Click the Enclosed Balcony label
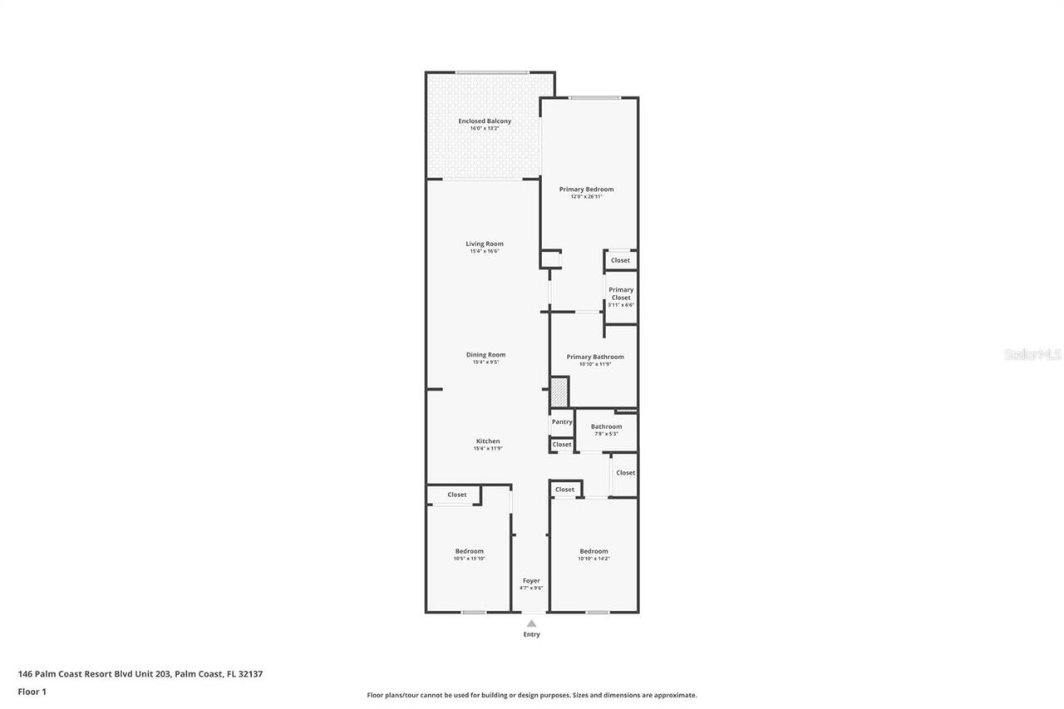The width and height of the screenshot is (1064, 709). click(x=485, y=121)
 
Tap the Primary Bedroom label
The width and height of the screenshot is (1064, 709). click(x=586, y=190)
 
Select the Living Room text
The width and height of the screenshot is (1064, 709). click(x=485, y=244)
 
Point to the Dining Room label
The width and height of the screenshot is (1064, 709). click(x=485, y=355)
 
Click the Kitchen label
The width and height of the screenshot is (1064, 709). click(x=488, y=441)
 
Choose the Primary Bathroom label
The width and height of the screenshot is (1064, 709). click(x=595, y=357)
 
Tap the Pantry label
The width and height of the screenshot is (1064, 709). click(x=562, y=421)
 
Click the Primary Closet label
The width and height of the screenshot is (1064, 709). click(x=621, y=293)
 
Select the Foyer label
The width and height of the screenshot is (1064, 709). click(x=531, y=581)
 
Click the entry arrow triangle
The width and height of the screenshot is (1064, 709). click(x=531, y=623)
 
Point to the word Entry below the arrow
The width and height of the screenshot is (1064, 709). click(x=531, y=634)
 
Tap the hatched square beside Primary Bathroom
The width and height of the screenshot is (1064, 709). click(x=559, y=391)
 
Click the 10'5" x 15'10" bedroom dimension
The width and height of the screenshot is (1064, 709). click(x=469, y=559)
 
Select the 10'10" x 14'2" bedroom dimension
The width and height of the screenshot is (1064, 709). click(x=594, y=559)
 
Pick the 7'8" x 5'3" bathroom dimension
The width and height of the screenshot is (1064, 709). click(x=606, y=434)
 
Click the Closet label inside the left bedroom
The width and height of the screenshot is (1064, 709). click(x=457, y=495)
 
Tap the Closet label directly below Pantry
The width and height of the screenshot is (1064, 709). click(x=562, y=445)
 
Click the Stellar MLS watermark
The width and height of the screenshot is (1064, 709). click(x=1032, y=354)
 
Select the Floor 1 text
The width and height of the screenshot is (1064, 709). click(x=32, y=692)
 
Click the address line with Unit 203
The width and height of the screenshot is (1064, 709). click(x=140, y=674)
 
